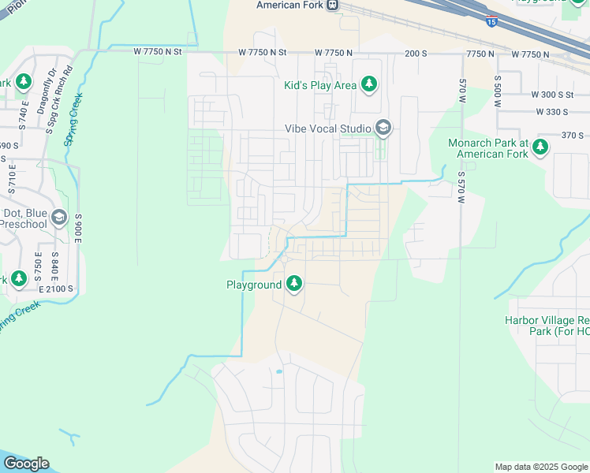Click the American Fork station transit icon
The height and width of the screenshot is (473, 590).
pos(334,5)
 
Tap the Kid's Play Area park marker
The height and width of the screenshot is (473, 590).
pos(368,84)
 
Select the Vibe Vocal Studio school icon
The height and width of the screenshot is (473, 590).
pos(383,128)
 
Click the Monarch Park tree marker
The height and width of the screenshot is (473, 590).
pos(540,147)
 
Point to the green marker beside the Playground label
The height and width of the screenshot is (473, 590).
pos(294,284)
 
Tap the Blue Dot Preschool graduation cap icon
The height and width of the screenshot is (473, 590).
pos(58,218)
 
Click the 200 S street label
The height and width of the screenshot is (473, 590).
pos(415,53)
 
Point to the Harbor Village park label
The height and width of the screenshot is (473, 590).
pos(547,326)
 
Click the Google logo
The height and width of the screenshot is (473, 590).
pos(26,464)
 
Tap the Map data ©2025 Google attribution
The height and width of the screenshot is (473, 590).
pos(541,467)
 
